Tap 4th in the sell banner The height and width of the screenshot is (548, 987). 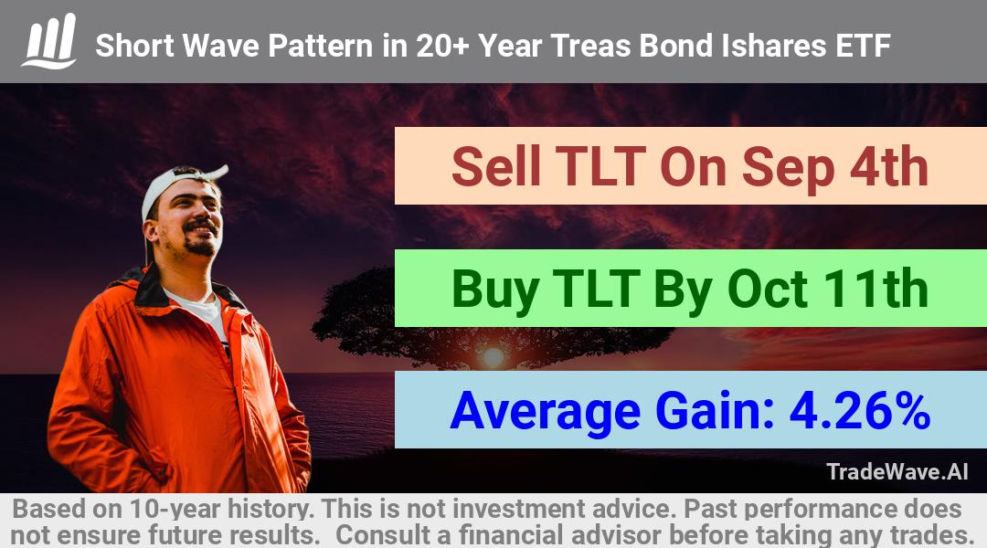(x=889, y=166)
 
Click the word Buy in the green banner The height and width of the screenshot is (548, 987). (x=495, y=290)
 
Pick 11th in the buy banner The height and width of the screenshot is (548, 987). (x=876, y=289)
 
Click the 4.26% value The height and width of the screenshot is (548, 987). (x=860, y=411)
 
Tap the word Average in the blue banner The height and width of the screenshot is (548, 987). (x=545, y=413)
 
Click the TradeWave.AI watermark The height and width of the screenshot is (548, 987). (x=897, y=471)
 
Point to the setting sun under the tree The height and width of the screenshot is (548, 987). (x=493, y=358)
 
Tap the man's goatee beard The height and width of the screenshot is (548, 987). (x=200, y=245)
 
